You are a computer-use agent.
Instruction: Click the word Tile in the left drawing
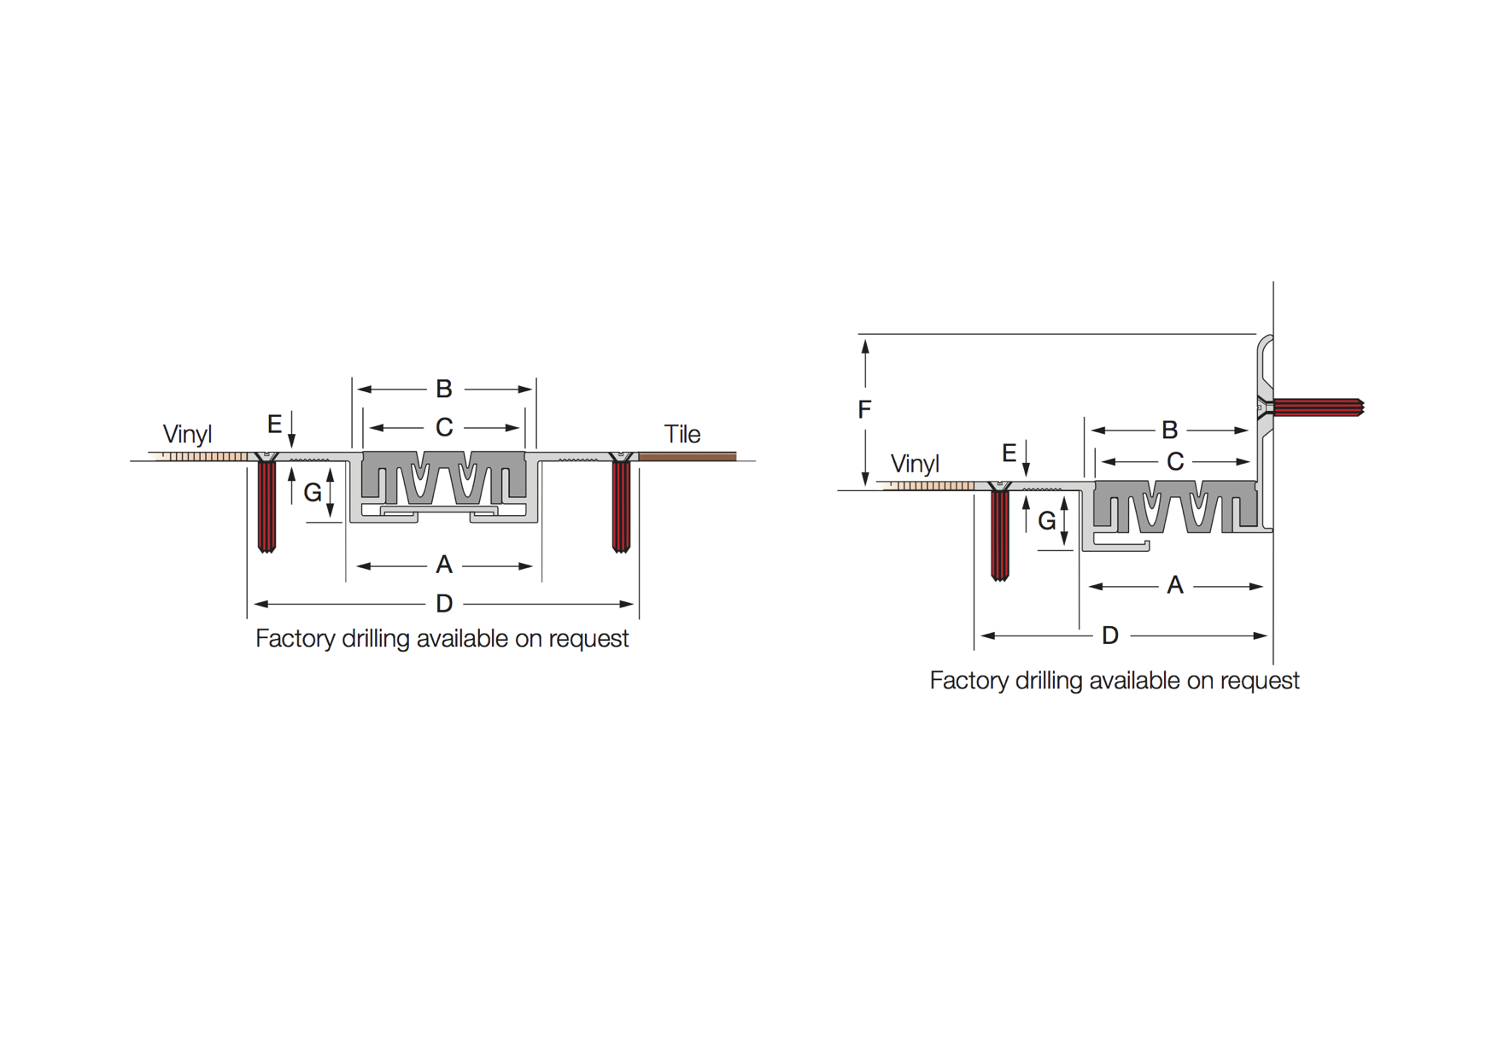pyautogui.click(x=682, y=434)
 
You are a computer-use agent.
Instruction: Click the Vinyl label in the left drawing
pyautogui.click(x=187, y=434)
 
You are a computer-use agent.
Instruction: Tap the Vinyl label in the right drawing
pyautogui.click(x=915, y=464)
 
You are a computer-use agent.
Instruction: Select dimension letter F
pyautogui.click(x=864, y=410)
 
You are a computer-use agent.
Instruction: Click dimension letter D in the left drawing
pyautogui.click(x=444, y=604)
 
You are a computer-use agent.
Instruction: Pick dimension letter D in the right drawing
pyautogui.click(x=1110, y=635)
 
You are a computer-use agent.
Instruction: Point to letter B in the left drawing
pyautogui.click(x=444, y=389)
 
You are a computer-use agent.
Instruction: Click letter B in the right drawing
pyautogui.click(x=1170, y=430)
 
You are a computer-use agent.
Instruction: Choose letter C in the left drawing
pyautogui.click(x=444, y=427)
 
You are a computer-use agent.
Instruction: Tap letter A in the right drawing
pyautogui.click(x=1175, y=585)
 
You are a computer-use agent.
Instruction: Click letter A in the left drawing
pyautogui.click(x=444, y=565)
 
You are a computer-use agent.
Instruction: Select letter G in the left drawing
pyautogui.click(x=313, y=492)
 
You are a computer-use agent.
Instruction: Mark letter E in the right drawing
pyautogui.click(x=1009, y=453)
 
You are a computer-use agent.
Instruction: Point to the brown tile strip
pyautogui.click(x=688, y=457)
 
